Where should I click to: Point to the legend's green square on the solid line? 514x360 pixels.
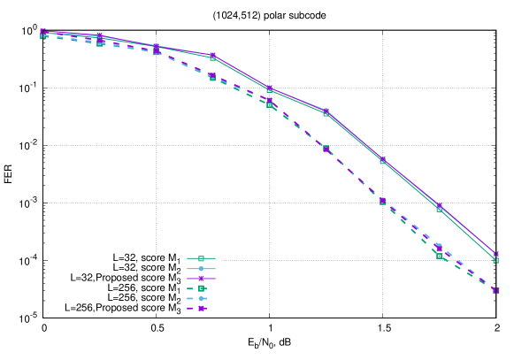[202, 257]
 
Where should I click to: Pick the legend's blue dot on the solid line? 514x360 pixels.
[202, 268]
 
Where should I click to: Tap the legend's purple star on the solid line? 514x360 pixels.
[202, 278]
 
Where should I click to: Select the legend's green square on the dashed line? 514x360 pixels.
[202, 288]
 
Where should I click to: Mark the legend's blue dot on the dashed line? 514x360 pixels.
[202, 299]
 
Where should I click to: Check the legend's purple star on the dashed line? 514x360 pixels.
[202, 310]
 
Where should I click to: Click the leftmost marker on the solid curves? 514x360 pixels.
[42, 32]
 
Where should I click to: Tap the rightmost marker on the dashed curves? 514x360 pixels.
[496, 290]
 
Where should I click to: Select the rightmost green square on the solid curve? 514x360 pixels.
[496, 260]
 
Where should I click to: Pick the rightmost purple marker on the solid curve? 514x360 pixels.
[496, 254]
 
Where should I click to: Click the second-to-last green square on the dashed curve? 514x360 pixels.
[440, 257]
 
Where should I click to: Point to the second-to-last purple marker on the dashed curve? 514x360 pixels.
[440, 249]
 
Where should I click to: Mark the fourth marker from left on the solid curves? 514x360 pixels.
[213, 57]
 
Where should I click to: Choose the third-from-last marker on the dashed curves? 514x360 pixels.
[383, 202]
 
